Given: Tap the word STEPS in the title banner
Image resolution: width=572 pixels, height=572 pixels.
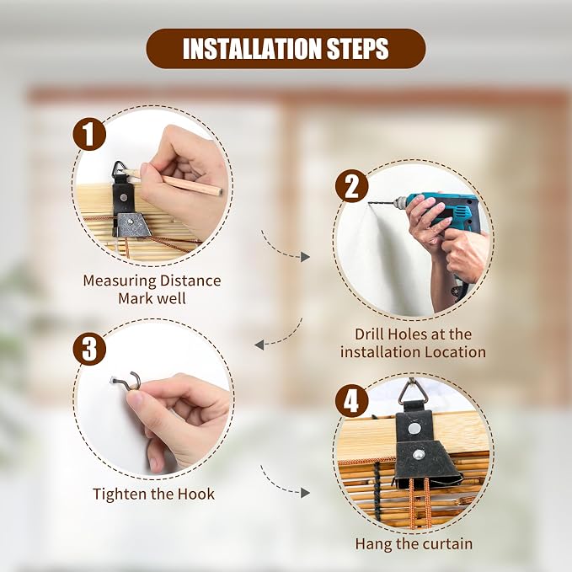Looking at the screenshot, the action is click(358, 49).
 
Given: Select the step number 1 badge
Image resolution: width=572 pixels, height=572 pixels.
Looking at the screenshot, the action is click(89, 134).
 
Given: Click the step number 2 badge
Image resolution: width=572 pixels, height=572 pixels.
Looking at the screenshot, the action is click(351, 186).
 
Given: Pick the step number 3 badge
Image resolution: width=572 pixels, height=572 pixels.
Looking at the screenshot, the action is click(89, 349).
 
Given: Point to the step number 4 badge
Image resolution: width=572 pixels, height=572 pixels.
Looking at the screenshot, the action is click(351, 401).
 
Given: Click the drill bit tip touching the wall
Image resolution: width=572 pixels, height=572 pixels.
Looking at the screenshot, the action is click(369, 202).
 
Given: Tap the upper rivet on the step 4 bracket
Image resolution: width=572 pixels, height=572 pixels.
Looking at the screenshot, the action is click(414, 428).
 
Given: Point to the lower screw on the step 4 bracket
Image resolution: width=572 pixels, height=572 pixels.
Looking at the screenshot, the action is click(419, 455).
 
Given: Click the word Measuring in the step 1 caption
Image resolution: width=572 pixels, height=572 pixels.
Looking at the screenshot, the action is click(120, 281).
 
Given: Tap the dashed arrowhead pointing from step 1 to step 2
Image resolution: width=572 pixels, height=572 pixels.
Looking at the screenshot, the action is click(305, 257).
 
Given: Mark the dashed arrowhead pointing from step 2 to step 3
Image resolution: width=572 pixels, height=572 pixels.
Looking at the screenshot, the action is click(259, 345).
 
